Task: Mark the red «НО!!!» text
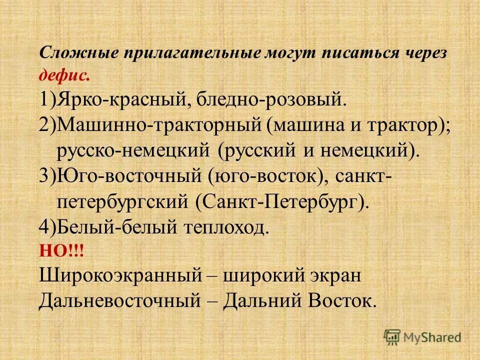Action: [x=61, y=252]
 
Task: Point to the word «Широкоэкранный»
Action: [x=117, y=275]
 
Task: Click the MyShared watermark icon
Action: [x=392, y=337]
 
